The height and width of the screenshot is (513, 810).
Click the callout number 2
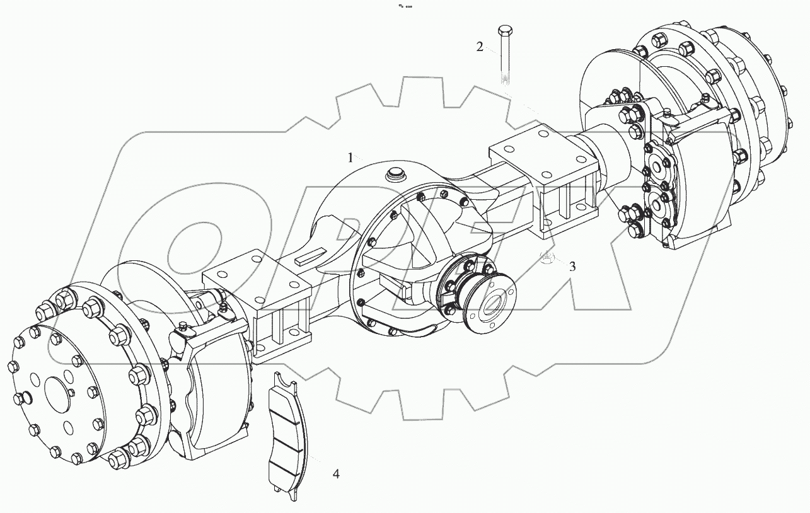480,47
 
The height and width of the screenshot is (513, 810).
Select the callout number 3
572,266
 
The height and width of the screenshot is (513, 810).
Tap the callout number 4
336,473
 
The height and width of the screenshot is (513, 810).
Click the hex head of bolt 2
505,31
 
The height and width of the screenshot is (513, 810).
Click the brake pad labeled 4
286,435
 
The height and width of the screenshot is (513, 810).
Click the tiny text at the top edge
405,6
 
